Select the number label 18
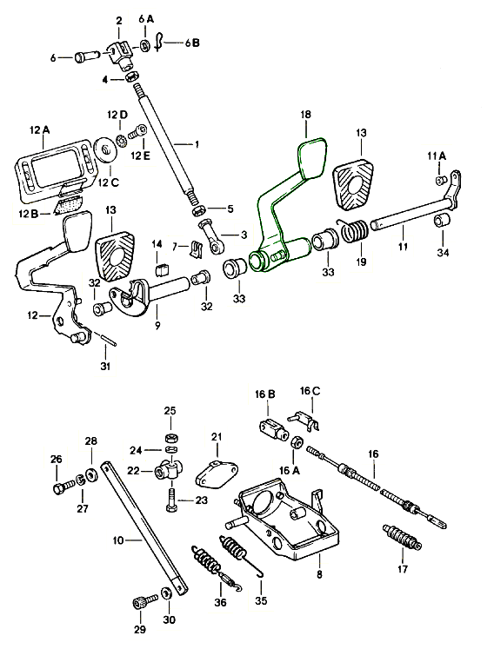[305, 115]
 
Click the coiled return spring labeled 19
[353, 230]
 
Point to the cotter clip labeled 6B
[159, 42]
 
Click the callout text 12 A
[39, 130]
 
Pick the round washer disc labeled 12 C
[106, 149]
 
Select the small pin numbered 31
[107, 339]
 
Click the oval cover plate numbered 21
[217, 474]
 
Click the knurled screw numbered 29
[145, 600]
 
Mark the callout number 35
[261, 599]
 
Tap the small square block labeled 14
[162, 270]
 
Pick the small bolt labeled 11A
[441, 180]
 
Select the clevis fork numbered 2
[120, 54]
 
